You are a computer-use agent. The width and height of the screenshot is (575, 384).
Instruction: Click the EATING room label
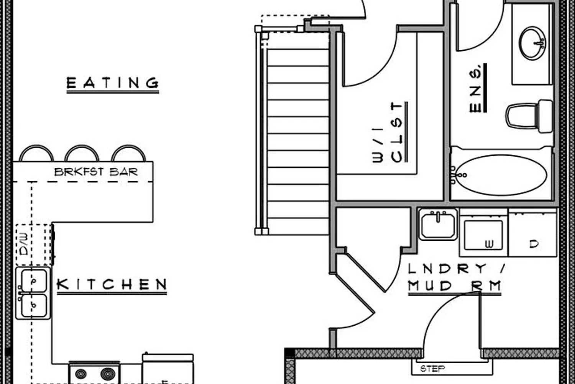113,83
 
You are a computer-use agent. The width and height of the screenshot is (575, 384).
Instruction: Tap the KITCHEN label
112,284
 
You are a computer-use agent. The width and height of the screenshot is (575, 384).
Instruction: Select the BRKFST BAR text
96,172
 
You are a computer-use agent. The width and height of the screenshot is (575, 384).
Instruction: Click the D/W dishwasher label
24,244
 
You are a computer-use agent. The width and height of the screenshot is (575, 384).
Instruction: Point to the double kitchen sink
33,293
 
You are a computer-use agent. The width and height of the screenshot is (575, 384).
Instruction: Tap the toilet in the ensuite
529,116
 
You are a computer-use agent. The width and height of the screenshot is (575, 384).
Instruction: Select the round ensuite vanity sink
532,43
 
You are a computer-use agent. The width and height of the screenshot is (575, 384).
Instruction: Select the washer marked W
483,233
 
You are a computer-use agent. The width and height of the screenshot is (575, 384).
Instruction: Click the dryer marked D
533,233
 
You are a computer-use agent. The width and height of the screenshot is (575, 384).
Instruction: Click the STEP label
432,369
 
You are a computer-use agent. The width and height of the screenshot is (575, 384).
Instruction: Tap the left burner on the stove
80,374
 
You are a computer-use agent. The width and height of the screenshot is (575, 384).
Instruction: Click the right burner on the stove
108,374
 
